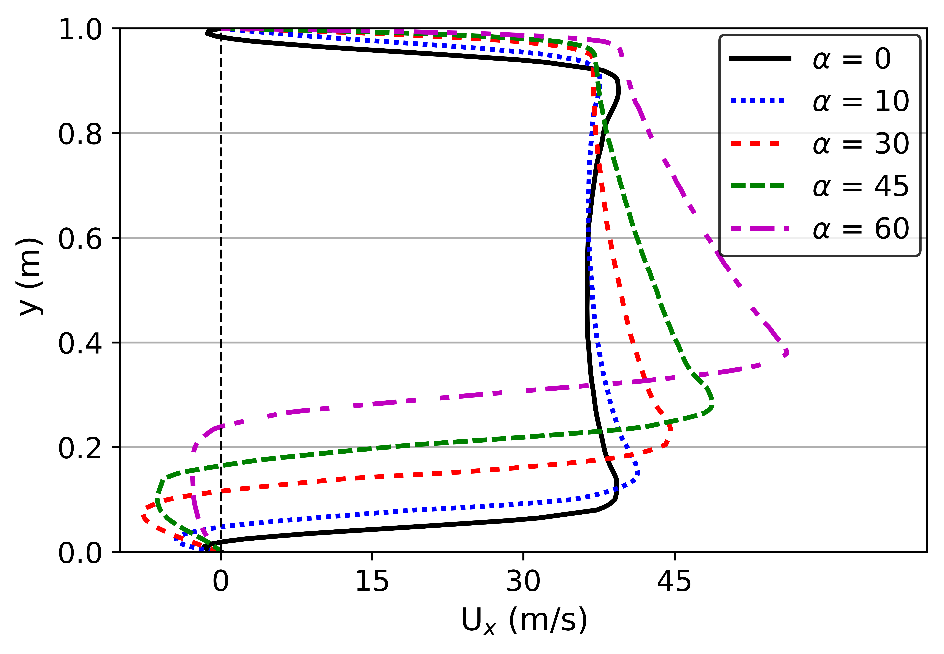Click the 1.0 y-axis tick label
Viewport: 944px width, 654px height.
pyautogui.click(x=80, y=30)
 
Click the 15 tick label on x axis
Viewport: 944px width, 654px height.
pyautogui.click(x=372, y=581)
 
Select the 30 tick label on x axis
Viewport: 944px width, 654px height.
pyautogui.click(x=523, y=581)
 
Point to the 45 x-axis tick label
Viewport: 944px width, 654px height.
pyautogui.click(x=674, y=581)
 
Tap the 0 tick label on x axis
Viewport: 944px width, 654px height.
pyautogui.click(x=220, y=581)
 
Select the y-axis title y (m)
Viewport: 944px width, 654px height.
pyautogui.click(x=29, y=277)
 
